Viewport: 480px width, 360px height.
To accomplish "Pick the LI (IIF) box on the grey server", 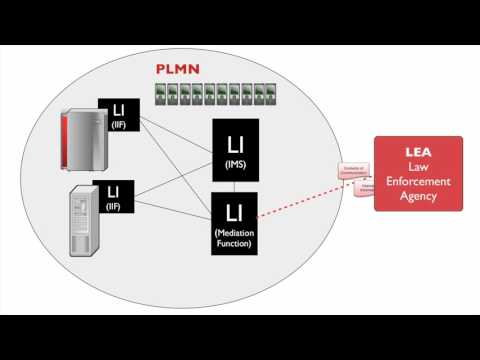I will [x=114, y=195].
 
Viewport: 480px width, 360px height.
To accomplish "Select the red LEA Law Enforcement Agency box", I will [x=418, y=173].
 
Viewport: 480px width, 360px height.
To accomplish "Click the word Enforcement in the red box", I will [x=418, y=181].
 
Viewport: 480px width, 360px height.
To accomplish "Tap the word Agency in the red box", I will [x=418, y=196].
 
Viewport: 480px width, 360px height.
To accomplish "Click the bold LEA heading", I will [x=418, y=150].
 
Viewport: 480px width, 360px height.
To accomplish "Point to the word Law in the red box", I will [x=418, y=166].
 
